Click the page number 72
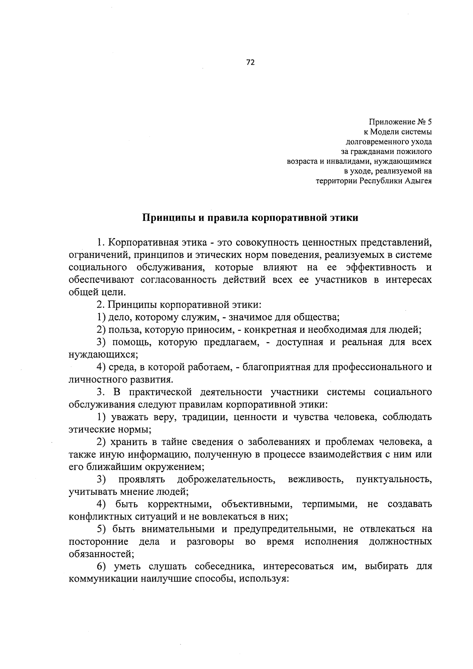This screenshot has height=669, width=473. point(250,62)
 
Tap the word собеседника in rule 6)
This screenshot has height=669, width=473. point(218,567)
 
